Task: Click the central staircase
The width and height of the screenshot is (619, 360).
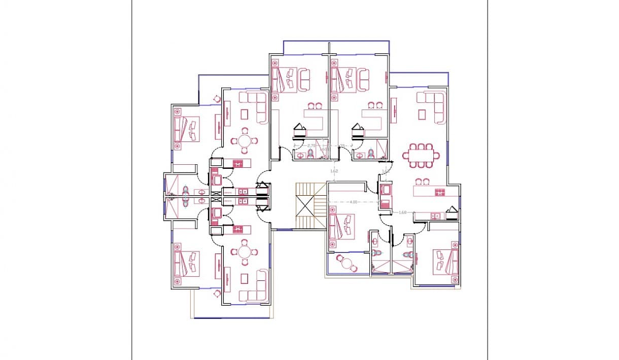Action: tap(310, 207)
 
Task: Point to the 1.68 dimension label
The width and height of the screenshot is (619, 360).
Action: tap(403, 212)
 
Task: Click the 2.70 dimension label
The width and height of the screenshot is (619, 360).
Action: tap(312, 146)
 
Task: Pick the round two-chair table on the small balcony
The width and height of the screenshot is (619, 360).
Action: tap(347, 262)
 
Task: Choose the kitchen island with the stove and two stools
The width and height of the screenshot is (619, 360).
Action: tap(429, 191)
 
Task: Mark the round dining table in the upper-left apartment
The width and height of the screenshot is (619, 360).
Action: tap(245, 140)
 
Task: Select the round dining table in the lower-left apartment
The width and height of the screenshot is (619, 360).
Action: tap(245, 252)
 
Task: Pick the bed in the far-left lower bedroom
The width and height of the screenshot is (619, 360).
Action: tap(186, 263)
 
